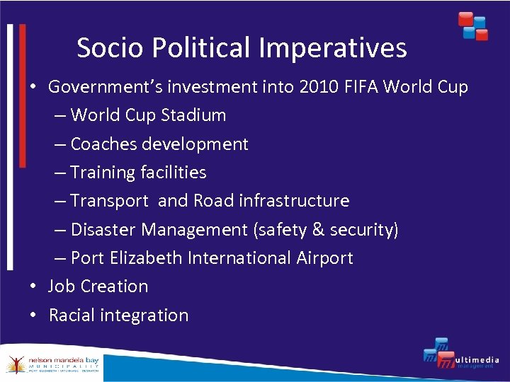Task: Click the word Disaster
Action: (103, 230)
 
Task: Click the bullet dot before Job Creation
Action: (33, 286)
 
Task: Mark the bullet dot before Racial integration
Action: (33, 316)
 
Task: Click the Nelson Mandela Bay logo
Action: (52, 364)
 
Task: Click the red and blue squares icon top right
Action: (472, 26)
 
